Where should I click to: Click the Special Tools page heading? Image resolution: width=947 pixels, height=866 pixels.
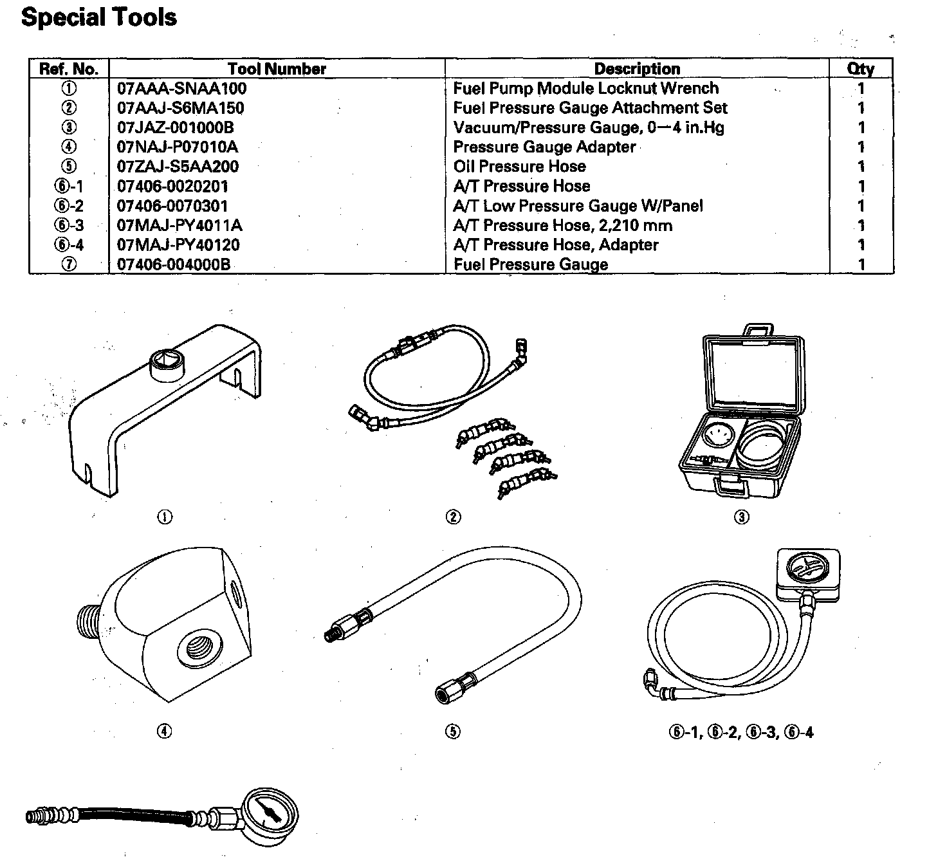pyautogui.click(x=98, y=17)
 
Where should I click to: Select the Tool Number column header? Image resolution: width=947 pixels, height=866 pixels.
pyautogui.click(x=277, y=69)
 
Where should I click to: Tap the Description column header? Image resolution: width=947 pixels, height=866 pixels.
pyautogui.click(x=637, y=69)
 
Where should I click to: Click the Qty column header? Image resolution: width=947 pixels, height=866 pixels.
pyautogui.click(x=861, y=69)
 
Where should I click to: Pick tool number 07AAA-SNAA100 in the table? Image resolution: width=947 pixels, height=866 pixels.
pyautogui.click(x=182, y=88)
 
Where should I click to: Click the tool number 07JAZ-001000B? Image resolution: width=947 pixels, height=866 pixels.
pyautogui.click(x=176, y=127)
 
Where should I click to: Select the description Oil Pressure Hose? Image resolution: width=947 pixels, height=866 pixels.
pyautogui.click(x=520, y=167)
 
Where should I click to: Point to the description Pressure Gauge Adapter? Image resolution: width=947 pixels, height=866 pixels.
pyautogui.click(x=544, y=147)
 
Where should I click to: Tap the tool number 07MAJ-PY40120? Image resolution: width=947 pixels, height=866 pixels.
pyautogui.click(x=178, y=245)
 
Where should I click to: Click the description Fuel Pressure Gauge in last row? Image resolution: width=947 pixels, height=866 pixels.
pyautogui.click(x=531, y=264)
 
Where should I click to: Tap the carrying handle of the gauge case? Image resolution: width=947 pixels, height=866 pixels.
pyautogui.click(x=758, y=331)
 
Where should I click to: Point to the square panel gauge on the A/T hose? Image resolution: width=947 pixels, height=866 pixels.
pyautogui.click(x=808, y=570)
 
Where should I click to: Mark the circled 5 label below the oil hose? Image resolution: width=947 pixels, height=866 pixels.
pyautogui.click(x=453, y=732)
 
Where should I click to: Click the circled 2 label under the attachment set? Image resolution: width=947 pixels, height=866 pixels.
pyautogui.click(x=453, y=517)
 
